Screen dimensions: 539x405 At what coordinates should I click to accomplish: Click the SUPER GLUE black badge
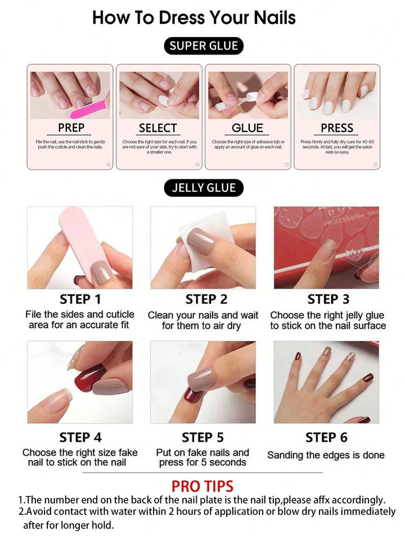[204, 46]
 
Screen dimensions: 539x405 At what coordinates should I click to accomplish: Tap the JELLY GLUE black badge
[204, 187]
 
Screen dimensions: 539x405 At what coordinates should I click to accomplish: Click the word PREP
[71, 128]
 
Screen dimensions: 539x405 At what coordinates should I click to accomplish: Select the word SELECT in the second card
[158, 128]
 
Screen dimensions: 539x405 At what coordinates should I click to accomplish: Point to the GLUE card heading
[247, 128]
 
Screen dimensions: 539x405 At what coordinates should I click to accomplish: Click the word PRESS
[337, 128]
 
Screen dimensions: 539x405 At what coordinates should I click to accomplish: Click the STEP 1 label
[80, 299]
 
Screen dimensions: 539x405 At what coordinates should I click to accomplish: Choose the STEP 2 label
[206, 299]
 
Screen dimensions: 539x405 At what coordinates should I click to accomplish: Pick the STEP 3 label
[328, 299]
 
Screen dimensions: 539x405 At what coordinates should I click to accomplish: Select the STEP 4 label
[80, 437]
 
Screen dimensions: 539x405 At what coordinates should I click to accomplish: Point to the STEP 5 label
[202, 437]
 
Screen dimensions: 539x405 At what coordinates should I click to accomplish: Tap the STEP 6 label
[326, 437]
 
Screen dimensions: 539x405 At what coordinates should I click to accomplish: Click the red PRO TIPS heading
[202, 486]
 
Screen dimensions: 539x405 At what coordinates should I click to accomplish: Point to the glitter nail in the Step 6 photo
[350, 356]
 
